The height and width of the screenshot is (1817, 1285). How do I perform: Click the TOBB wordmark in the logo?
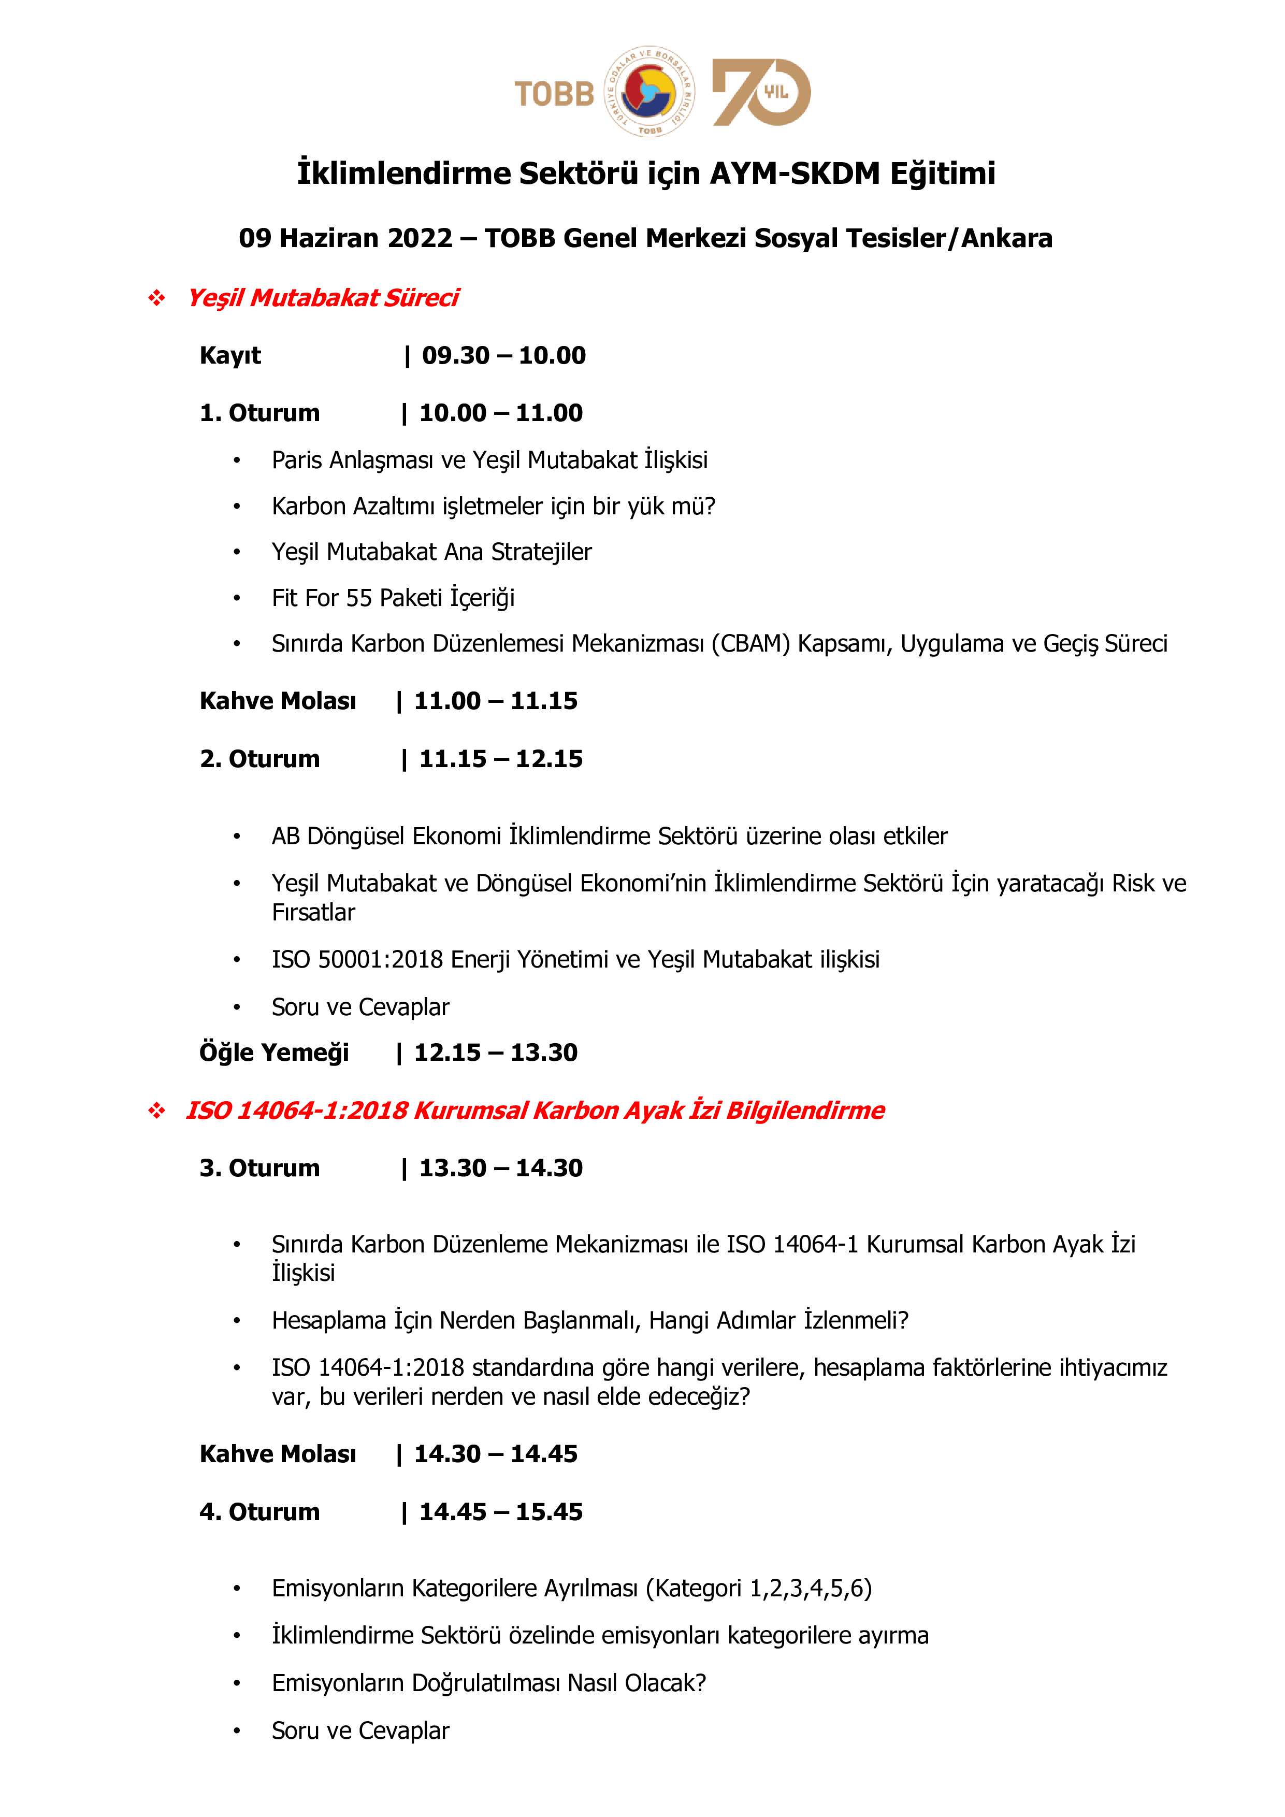[x=554, y=93]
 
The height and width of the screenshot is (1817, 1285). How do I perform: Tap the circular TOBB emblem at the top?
[x=649, y=90]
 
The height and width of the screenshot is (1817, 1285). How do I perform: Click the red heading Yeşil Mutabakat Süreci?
[x=323, y=297]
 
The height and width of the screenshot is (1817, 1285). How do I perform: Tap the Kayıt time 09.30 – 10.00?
[x=503, y=355]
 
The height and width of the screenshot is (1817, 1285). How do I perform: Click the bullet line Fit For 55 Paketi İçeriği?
[x=393, y=598]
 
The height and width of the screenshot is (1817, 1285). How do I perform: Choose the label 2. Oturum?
[x=259, y=758]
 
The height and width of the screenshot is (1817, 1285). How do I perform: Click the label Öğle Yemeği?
[x=274, y=1052]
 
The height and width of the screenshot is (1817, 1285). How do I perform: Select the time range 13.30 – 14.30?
[x=501, y=1167]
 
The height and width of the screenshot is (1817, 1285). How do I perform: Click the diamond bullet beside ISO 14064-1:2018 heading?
[x=156, y=1111]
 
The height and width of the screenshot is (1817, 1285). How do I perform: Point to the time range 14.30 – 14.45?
[x=496, y=1454]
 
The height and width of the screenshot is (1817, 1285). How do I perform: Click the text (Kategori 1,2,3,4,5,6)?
[x=758, y=1588]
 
